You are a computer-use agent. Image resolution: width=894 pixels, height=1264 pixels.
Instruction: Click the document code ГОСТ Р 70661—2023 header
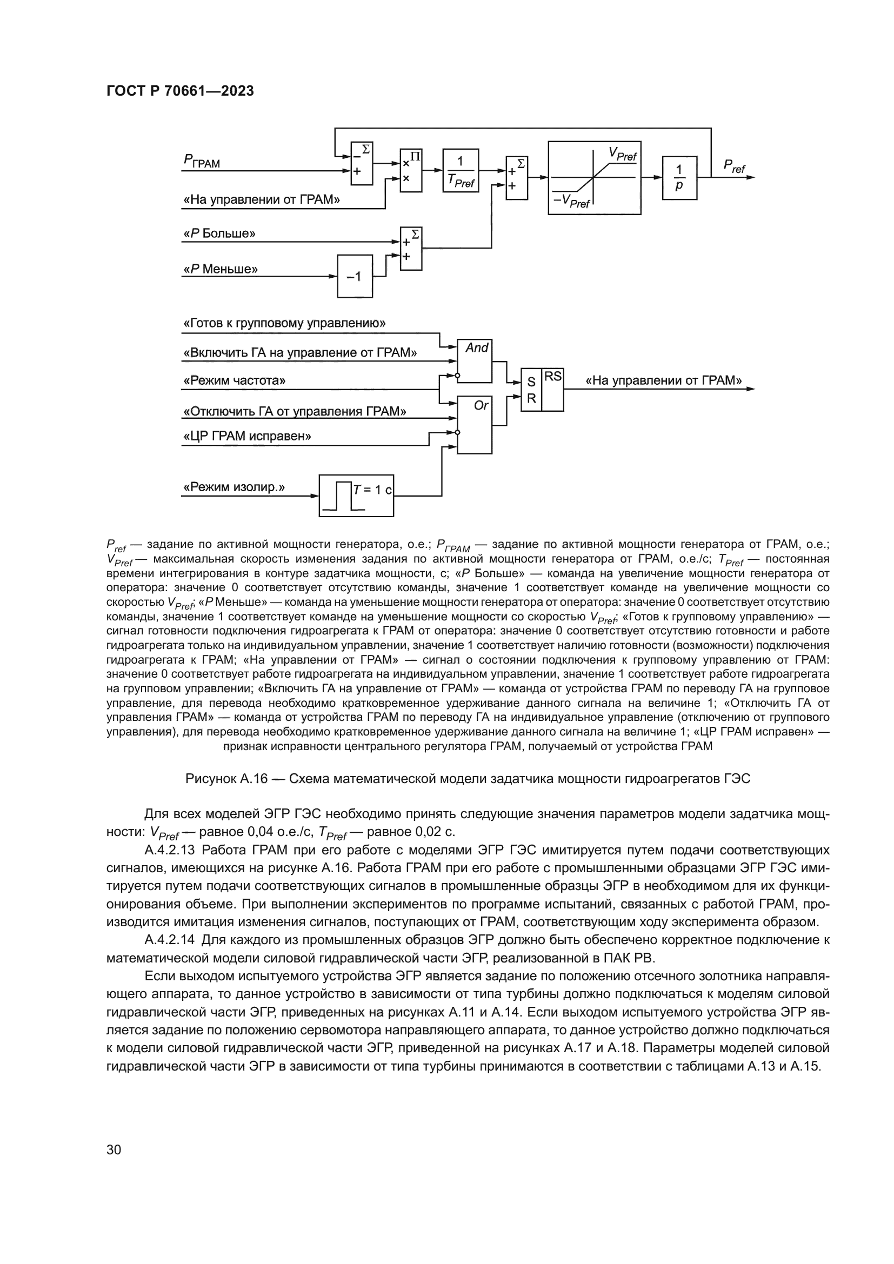[179, 91]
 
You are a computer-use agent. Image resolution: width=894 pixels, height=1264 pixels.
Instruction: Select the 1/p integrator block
[679, 178]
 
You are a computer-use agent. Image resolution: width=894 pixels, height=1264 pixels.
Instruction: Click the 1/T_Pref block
[460, 170]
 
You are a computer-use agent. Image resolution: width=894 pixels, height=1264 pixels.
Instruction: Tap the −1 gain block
[355, 276]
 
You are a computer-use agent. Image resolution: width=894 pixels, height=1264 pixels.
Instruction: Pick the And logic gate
[475, 360]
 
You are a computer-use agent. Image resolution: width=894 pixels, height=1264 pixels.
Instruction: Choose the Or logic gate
[475, 425]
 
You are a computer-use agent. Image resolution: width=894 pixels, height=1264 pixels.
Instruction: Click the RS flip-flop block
[542, 390]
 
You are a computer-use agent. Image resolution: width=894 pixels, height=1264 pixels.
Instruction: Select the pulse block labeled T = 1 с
[356, 496]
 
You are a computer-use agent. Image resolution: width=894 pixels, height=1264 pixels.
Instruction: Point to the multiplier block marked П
[411, 170]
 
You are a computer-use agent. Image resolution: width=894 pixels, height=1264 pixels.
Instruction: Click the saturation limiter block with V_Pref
[595, 178]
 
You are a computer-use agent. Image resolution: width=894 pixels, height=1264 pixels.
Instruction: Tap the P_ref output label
[734, 166]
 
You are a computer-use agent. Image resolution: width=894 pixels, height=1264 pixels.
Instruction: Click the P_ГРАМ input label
[202, 161]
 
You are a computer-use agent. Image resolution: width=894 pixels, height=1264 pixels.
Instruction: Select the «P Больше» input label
[219, 233]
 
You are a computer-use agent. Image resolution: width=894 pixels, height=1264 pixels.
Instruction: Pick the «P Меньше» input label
[220, 269]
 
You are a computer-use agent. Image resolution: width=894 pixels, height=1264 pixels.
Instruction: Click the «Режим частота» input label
[234, 380]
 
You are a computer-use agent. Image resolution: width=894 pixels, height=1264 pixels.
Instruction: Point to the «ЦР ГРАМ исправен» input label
[246, 437]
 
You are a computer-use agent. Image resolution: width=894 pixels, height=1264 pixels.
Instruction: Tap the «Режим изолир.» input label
[233, 487]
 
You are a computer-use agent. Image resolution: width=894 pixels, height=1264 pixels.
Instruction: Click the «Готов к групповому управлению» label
[284, 323]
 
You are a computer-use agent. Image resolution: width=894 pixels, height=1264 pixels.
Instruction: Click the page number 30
[114, 1149]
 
